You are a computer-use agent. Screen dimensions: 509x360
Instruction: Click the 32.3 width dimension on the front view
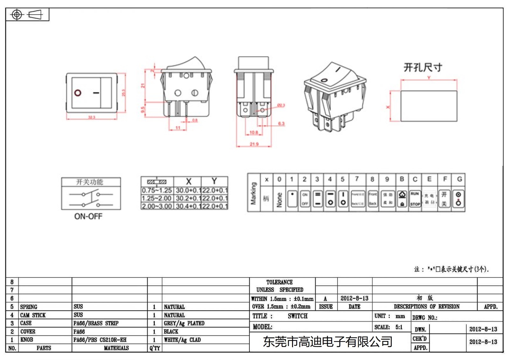[x=92, y=117]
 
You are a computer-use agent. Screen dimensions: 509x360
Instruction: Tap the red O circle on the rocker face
[x=78, y=93]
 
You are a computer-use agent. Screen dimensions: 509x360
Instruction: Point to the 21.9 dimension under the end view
[x=254, y=144]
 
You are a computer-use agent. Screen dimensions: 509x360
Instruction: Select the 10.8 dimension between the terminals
[x=254, y=132]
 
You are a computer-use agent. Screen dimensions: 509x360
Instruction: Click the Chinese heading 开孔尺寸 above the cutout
[x=422, y=67]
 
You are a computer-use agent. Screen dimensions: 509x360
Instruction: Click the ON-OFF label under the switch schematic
[x=88, y=216]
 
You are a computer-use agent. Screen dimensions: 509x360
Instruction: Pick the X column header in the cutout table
[x=188, y=181]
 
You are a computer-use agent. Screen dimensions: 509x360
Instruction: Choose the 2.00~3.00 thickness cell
[x=157, y=206]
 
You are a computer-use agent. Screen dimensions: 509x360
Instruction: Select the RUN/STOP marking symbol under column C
[x=415, y=199]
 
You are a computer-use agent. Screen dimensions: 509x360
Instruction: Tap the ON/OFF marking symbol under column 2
[x=305, y=199]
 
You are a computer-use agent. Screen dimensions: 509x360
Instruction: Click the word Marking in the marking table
[x=254, y=193]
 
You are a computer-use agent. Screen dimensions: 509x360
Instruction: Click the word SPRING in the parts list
[x=29, y=307]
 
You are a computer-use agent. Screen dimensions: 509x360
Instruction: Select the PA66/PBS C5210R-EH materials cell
[x=100, y=340]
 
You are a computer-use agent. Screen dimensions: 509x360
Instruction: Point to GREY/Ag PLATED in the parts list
[x=184, y=323]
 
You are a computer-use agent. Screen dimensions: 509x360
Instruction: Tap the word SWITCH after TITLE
[x=297, y=316]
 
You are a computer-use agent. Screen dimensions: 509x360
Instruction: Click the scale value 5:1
[x=399, y=327]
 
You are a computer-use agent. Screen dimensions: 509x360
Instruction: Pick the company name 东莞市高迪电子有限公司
[x=327, y=342]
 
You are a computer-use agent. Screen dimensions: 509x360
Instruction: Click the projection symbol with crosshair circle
[x=17, y=15]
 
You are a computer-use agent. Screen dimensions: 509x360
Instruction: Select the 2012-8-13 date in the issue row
[x=354, y=298]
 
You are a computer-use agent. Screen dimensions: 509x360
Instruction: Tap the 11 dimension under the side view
[x=178, y=128]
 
